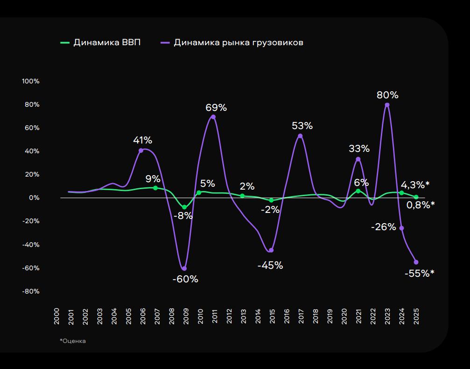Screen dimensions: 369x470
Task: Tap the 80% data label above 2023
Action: point(387,95)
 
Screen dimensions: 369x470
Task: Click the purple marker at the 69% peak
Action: point(213,117)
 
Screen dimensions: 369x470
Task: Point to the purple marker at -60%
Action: point(184,268)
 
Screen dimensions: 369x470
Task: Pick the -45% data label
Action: point(270,265)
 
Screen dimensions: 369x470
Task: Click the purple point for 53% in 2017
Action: point(300,136)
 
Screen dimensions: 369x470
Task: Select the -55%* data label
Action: point(419,273)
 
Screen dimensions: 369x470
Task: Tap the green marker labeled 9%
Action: point(155,188)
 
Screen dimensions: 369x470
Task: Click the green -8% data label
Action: point(183,216)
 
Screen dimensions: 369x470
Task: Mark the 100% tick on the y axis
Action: point(31,81)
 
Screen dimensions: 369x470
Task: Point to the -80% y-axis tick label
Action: point(31,291)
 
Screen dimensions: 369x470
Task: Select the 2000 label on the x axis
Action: point(56,315)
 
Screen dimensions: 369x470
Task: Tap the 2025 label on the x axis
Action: point(416,315)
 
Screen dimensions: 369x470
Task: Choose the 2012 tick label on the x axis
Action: point(229,315)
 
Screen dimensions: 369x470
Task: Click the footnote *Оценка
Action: point(73,341)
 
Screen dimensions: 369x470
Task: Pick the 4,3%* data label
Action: point(415,184)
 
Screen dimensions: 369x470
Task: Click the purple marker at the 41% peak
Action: point(141,150)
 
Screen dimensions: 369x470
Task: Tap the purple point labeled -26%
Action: point(402,228)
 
